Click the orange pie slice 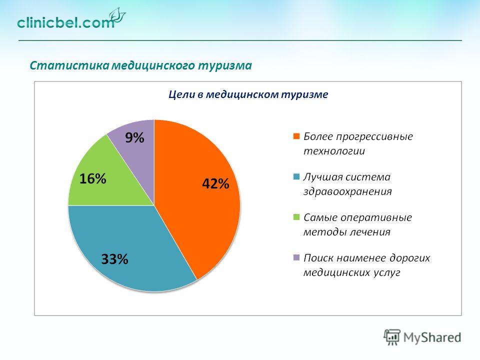pyautogui.click(x=196, y=196)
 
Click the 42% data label pyautogui.click(x=215, y=183)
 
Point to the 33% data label pyautogui.click(x=114, y=259)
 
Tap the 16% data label pyautogui.click(x=93, y=178)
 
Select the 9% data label pyautogui.click(x=134, y=138)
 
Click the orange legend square pyautogui.click(x=296, y=136)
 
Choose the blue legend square pyautogui.click(x=296, y=176)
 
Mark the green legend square pyautogui.click(x=296, y=217)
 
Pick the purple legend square pyautogui.click(x=296, y=257)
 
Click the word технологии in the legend pyautogui.click(x=334, y=151)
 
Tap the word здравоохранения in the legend pyautogui.click(x=347, y=191)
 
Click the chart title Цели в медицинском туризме pyautogui.click(x=248, y=94)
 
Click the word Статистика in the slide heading pyautogui.click(x=69, y=65)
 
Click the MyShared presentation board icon pyautogui.click(x=392, y=337)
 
